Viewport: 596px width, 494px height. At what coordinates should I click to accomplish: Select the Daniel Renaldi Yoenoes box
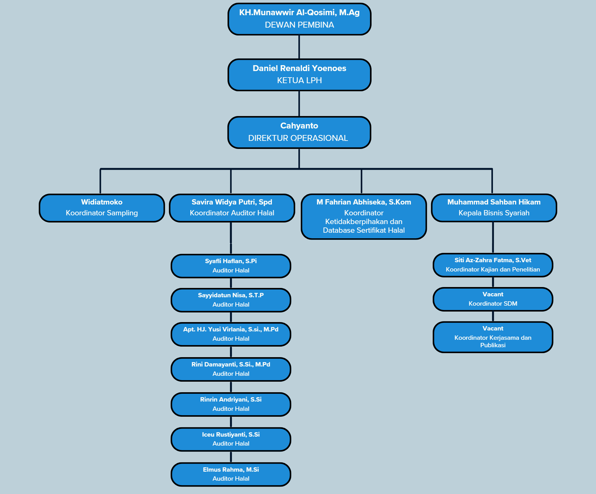299,74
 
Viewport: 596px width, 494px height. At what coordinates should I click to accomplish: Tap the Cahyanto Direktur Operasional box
299,132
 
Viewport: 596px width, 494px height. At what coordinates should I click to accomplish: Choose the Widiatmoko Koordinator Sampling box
102,208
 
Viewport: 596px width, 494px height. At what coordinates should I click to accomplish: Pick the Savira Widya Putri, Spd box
232,208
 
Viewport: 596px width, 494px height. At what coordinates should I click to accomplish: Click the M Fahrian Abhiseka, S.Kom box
364,216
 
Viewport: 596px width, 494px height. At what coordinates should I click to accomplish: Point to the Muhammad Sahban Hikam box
494,208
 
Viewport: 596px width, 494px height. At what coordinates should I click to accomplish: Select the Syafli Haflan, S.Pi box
231,266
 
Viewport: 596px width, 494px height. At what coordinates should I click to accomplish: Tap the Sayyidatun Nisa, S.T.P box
231,300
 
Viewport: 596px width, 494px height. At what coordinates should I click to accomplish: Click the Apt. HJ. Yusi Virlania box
231,334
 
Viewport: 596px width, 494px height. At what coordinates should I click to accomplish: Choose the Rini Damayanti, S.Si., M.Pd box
231,369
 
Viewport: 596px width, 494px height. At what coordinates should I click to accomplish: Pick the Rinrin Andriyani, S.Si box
231,404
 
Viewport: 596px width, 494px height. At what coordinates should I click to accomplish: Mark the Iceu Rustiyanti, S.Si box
231,439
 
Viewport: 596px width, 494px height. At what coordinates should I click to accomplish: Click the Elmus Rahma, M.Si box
231,474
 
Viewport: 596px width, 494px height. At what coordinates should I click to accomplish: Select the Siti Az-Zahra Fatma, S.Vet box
493,265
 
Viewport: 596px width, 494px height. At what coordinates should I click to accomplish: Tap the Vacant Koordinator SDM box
493,299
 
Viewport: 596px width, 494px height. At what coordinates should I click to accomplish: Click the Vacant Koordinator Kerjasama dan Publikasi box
493,337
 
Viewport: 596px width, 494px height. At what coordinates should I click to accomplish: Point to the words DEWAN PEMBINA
299,25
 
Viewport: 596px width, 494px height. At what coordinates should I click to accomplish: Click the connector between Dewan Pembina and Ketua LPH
299,47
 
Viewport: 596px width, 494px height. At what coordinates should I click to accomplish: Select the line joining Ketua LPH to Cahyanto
299,104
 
